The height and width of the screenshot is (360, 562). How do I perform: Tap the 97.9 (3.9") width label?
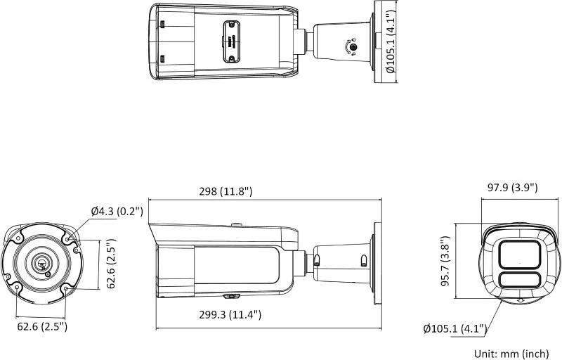click(x=513, y=187)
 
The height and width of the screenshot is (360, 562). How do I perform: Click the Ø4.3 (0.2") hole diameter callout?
click(x=117, y=211)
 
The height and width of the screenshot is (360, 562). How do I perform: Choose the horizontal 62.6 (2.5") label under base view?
click(x=41, y=326)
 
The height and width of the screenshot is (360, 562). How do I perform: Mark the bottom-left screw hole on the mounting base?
click(x=17, y=286)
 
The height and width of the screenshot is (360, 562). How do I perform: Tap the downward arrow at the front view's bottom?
click(x=520, y=300)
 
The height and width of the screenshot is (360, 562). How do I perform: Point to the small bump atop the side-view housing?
click(x=237, y=226)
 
